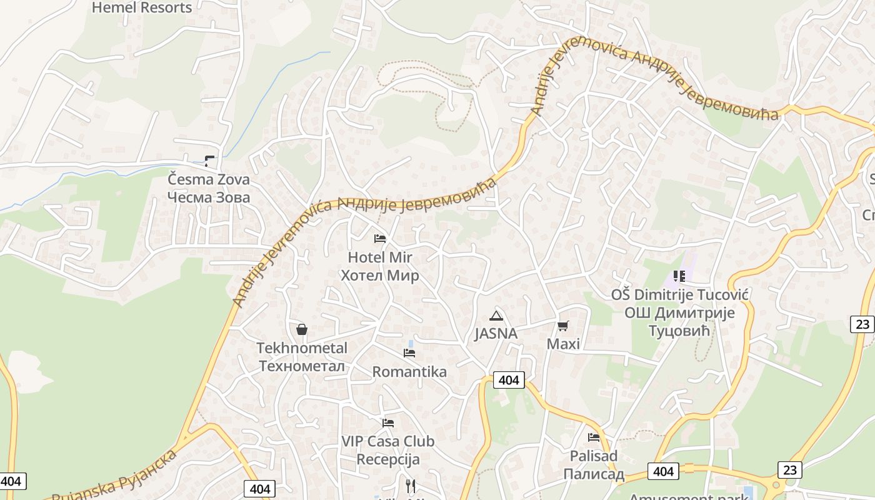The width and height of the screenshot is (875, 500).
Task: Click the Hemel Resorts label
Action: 142,7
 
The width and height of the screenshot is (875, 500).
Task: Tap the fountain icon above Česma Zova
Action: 209,161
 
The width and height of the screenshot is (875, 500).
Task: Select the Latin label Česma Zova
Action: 209,179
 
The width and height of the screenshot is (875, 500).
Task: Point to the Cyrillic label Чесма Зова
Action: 209,197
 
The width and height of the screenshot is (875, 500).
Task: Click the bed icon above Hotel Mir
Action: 379,239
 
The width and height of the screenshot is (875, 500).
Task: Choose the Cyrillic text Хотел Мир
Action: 379,276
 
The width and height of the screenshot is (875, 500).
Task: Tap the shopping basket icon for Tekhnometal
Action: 302,329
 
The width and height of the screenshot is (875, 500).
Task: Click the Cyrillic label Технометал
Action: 302,366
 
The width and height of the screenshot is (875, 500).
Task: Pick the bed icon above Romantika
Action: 409,353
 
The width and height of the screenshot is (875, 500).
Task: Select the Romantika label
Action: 409,372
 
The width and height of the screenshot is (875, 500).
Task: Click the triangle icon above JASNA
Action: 496,316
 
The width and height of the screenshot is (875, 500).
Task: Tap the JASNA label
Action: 496,334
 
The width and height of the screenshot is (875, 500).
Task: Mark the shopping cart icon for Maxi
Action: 563,326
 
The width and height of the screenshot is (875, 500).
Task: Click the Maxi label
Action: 563,344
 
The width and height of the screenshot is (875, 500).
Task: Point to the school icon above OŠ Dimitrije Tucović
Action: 679,276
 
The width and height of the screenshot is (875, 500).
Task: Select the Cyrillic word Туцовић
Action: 679,331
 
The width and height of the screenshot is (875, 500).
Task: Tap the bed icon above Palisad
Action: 594,437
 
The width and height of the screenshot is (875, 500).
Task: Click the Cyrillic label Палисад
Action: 594,474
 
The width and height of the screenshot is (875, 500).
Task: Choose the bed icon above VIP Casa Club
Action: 388,423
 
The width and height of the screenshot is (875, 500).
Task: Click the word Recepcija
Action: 388,460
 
